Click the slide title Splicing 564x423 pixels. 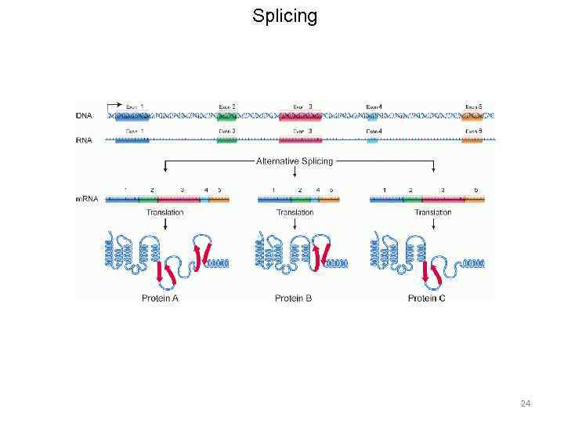[x=284, y=16]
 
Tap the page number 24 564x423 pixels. [x=526, y=403]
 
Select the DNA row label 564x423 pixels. [x=84, y=116]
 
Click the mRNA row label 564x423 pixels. [x=87, y=199]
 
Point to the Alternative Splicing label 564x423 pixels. [x=295, y=161]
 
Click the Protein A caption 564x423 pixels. [x=160, y=298]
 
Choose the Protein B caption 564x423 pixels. [x=294, y=298]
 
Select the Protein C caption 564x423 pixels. [x=428, y=298]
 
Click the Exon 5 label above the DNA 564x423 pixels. [x=473, y=107]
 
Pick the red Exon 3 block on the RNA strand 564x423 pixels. [x=300, y=139]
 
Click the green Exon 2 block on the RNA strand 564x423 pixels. [x=227, y=139]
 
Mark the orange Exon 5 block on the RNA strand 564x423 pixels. [x=472, y=139]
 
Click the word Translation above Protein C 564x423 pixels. [x=433, y=212]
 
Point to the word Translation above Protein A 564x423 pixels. [x=164, y=212]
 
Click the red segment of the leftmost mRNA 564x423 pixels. [x=179, y=200]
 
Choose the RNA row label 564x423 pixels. [x=84, y=139]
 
